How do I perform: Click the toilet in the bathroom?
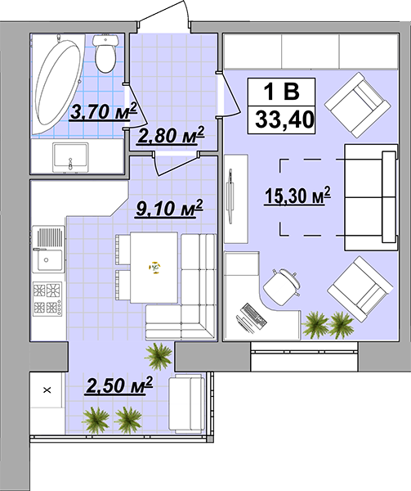pyautogui.click(x=105, y=53)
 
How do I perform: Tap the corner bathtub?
pyautogui.click(x=58, y=84)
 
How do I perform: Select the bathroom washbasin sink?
pyautogui.click(x=70, y=157)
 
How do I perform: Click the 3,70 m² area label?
pyautogui.click(x=104, y=111)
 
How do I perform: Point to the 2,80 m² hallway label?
pyautogui.click(x=171, y=136)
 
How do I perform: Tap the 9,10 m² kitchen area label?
pyautogui.click(x=169, y=209)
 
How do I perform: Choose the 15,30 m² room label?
pyautogui.click(x=297, y=196)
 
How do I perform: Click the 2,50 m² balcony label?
pyautogui.click(x=119, y=385)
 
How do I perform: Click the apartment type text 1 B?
pyautogui.click(x=282, y=92)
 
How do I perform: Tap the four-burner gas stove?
pyautogui.click(x=47, y=299)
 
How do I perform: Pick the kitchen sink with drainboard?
pyautogui.click(x=48, y=250)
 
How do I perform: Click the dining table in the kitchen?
pyautogui.click(x=154, y=268)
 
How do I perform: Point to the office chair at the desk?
pyautogui.click(x=282, y=286)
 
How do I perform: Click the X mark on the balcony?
pyautogui.click(x=47, y=390)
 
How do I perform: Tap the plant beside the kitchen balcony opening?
pyautogui.click(x=159, y=356)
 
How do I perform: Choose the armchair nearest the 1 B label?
pyautogui.click(x=358, y=105)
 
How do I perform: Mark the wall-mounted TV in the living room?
pyautogui.click(x=230, y=196)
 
